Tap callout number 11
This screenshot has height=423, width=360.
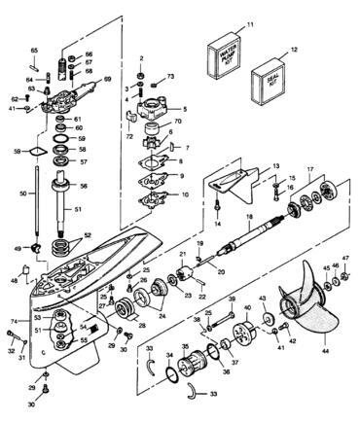coord(248,22)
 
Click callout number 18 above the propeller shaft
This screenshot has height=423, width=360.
coord(249,219)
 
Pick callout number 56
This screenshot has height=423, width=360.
coord(85,187)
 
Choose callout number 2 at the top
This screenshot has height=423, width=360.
coord(141,58)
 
